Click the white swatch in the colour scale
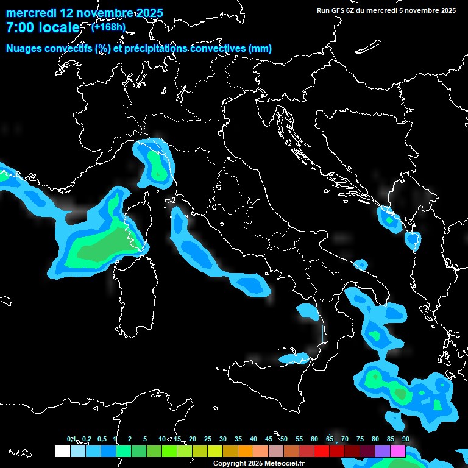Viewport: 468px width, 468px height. (62, 451)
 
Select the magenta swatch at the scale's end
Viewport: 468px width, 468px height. (398, 451)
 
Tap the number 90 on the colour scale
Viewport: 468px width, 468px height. (406, 439)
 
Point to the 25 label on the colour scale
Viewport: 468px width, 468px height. (208, 439)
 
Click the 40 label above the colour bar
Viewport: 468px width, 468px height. (253, 439)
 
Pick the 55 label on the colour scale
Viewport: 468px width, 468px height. (299, 439)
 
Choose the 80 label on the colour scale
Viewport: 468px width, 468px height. (375, 439)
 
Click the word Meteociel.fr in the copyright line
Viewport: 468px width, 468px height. (282, 464)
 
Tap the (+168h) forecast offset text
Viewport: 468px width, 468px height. (108, 27)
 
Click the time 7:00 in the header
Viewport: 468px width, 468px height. (20, 27)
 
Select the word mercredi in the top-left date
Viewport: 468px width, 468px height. (31, 13)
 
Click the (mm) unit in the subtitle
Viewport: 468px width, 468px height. (260, 48)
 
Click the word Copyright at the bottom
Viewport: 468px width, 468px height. (230, 464)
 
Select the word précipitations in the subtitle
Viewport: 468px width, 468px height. (156, 48)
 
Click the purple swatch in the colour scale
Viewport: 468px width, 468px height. (383, 451)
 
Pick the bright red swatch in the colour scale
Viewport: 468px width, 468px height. (322, 451)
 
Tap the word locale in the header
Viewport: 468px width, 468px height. (58, 27)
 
